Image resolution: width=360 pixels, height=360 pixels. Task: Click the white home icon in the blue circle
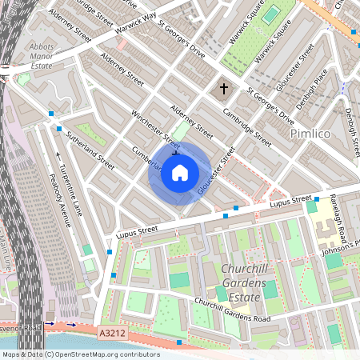pyautogui.click(x=180, y=173)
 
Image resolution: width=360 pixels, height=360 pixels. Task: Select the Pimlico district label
pyautogui.click(x=310, y=132)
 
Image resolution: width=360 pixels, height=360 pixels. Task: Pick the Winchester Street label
pyautogui.click(x=155, y=128)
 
